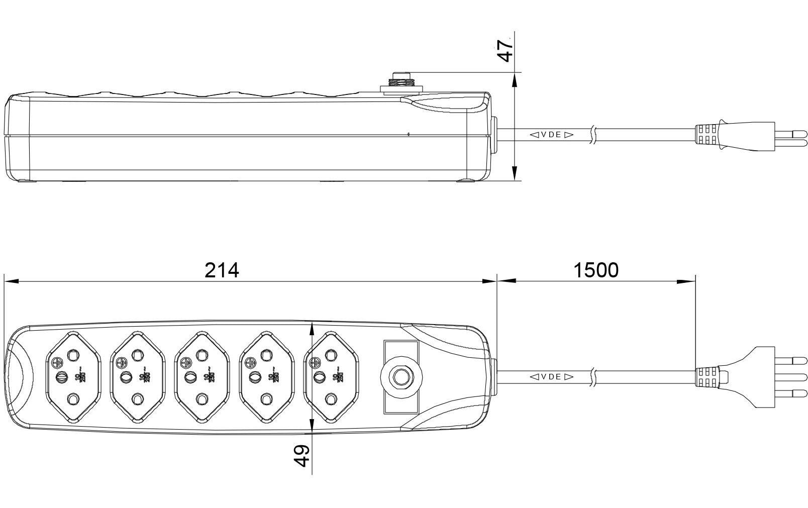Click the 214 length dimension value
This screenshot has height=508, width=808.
click(x=222, y=270)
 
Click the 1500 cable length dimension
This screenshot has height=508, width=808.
click(x=596, y=270)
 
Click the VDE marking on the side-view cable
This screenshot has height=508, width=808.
click(x=551, y=135)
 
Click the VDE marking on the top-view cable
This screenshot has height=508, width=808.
click(x=551, y=376)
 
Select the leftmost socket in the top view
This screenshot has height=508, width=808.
click(x=72, y=377)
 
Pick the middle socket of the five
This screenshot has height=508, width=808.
click(x=201, y=377)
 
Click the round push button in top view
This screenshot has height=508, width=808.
click(x=400, y=376)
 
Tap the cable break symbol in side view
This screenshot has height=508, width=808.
click(x=593, y=135)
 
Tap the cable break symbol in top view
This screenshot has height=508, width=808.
click(x=593, y=376)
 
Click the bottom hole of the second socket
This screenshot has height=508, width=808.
click(x=137, y=399)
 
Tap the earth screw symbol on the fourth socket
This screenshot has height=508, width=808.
click(x=250, y=361)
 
